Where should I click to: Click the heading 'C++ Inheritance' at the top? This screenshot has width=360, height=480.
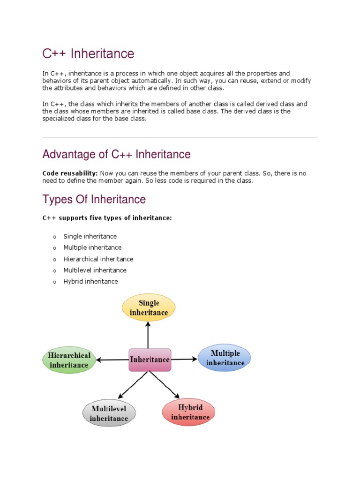[88, 54]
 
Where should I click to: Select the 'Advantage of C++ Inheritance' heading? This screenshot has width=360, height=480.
[116, 154]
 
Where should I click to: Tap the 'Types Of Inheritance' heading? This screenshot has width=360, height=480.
[94, 199]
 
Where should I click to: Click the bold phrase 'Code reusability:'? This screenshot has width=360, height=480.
[70, 173]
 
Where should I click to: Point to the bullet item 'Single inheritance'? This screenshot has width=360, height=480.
[90, 236]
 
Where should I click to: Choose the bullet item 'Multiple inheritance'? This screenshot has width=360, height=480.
[92, 247]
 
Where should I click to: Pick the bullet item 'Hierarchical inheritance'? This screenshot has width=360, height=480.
[98, 259]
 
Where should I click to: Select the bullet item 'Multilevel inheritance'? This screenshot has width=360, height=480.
[95, 270]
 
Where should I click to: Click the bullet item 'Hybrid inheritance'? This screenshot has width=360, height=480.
[90, 281]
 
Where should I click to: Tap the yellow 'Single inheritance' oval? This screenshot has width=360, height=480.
[149, 308]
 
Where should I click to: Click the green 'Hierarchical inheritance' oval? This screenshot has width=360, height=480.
[69, 360]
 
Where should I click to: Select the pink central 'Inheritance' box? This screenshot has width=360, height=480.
[150, 360]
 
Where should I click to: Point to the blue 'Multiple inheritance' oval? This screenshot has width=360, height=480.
[225, 358]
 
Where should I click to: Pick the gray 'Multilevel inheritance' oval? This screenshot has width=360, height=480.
[109, 413]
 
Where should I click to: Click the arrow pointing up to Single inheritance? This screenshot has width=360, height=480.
[149, 335]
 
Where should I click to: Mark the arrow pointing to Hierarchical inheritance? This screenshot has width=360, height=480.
[112, 360]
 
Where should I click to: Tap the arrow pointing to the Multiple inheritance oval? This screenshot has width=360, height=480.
[184, 360]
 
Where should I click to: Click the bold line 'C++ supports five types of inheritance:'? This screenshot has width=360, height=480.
[107, 218]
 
